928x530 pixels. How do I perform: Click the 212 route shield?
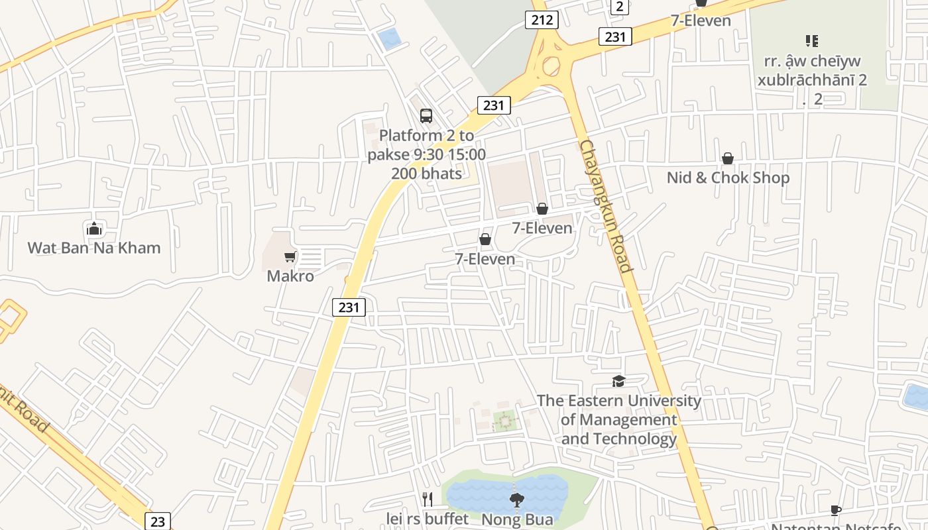(x=542, y=20)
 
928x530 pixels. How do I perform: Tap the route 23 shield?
(x=157, y=521)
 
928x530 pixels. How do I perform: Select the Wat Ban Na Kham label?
(x=94, y=248)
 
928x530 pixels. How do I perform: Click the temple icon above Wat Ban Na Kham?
(x=94, y=229)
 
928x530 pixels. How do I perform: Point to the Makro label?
(x=290, y=276)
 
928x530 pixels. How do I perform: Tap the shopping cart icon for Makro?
(x=290, y=256)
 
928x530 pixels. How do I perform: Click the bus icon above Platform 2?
(x=426, y=116)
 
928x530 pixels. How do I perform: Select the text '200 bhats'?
(x=426, y=174)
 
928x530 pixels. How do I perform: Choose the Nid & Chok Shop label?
(x=728, y=178)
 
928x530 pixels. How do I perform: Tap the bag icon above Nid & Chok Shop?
(x=728, y=158)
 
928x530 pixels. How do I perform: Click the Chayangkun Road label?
(x=606, y=206)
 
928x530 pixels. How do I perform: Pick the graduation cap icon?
(x=618, y=381)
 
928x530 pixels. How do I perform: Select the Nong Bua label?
(x=517, y=519)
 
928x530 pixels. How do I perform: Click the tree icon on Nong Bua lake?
(x=516, y=500)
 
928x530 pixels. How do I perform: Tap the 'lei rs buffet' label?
(x=428, y=518)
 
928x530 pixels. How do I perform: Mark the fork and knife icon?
(x=428, y=499)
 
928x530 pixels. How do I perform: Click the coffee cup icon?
(x=836, y=510)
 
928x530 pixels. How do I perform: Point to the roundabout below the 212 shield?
(x=551, y=66)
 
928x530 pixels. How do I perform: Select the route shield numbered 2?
(x=619, y=7)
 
